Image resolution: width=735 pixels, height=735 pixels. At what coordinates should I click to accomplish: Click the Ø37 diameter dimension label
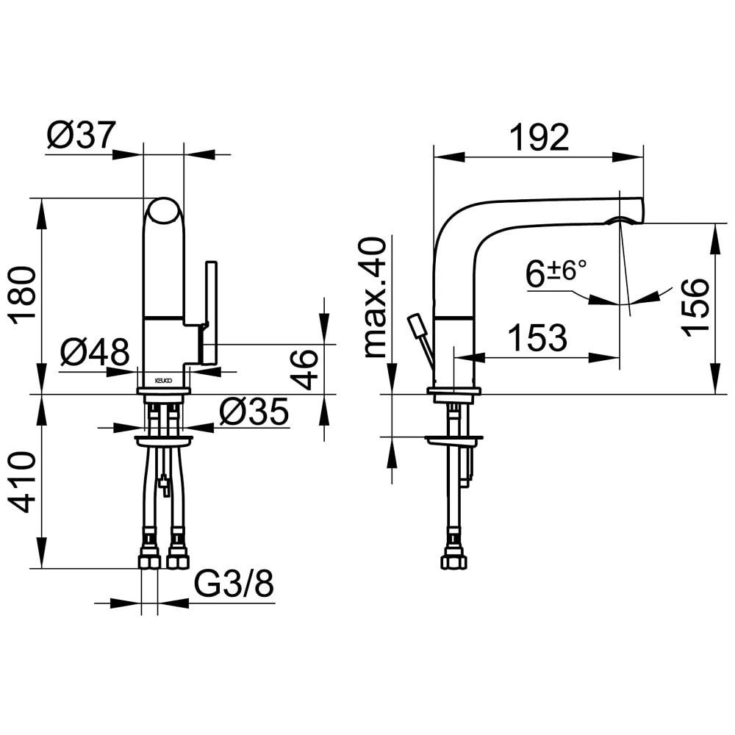[81, 135]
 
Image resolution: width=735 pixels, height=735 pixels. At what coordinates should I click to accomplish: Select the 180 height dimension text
[23, 296]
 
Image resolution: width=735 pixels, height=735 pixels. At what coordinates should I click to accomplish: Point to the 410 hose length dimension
[23, 482]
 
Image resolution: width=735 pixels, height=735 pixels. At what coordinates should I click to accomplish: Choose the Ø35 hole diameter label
[254, 412]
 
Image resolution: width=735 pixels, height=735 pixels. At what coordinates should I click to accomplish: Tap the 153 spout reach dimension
[538, 337]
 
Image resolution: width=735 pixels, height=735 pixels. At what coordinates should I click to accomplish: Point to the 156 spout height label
[695, 306]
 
